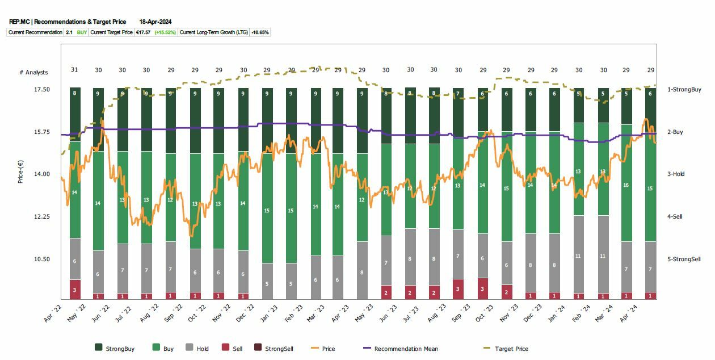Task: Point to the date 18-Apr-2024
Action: click(155, 22)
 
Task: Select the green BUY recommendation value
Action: click(82, 32)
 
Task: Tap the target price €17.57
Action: click(142, 32)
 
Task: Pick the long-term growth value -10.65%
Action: click(260, 32)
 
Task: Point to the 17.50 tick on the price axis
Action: click(42, 90)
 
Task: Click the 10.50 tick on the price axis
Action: click(42, 259)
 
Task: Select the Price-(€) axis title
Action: click(21, 170)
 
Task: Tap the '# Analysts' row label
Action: click(33, 73)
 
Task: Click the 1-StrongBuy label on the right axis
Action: click(684, 90)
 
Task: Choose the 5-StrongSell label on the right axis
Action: click(684, 259)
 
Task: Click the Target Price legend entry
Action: click(511, 349)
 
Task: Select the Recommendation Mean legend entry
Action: click(406, 349)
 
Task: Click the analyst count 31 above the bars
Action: click(74, 70)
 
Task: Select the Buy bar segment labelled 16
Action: click(626, 185)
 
